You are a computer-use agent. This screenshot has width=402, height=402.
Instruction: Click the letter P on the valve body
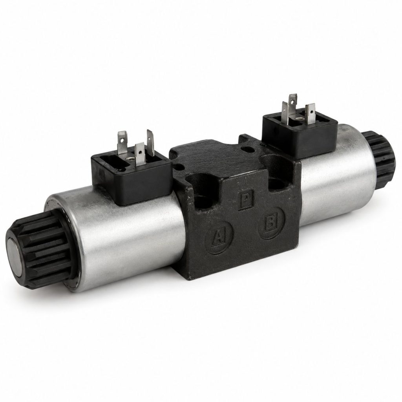(246, 200)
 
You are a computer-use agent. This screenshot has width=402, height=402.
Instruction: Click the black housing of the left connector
(131, 177)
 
